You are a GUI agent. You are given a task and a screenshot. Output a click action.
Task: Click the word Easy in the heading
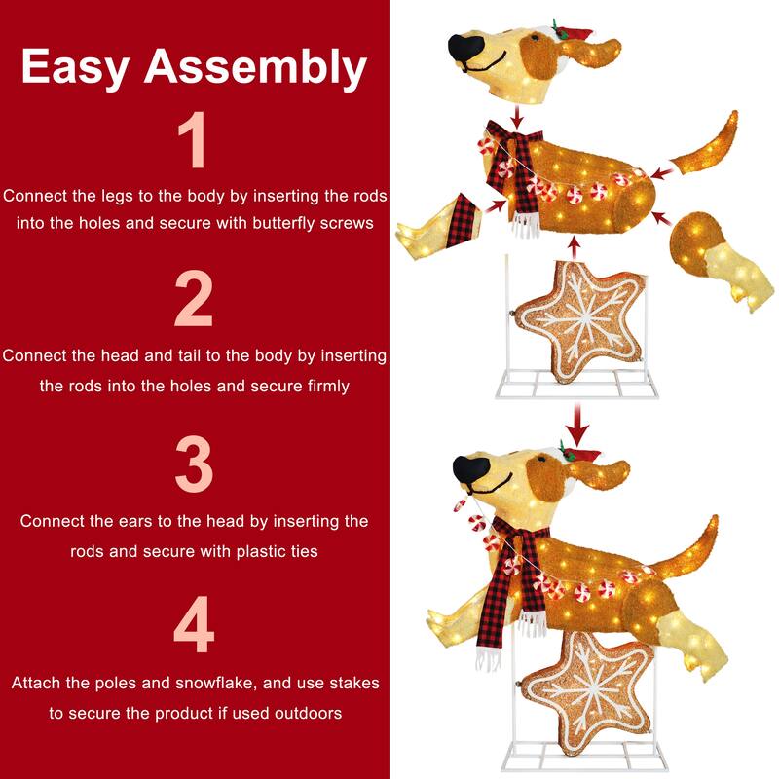(76, 66)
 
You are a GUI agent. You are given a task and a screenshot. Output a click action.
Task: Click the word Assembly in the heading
(255, 67)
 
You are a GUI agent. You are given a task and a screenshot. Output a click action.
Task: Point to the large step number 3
(194, 464)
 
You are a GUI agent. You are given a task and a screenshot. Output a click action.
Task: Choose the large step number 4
(194, 624)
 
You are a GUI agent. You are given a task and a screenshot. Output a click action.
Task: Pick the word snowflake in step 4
(214, 683)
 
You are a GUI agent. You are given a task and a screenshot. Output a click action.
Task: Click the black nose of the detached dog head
(465, 48)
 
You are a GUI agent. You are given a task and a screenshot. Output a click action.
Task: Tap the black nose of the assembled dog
(471, 469)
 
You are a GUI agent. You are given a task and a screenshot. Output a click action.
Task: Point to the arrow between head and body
(518, 118)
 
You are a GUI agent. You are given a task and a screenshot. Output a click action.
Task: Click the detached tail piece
(706, 146)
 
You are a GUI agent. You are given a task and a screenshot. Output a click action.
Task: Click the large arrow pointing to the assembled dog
(577, 425)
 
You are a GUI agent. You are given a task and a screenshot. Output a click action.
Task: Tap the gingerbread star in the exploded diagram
(581, 321)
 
